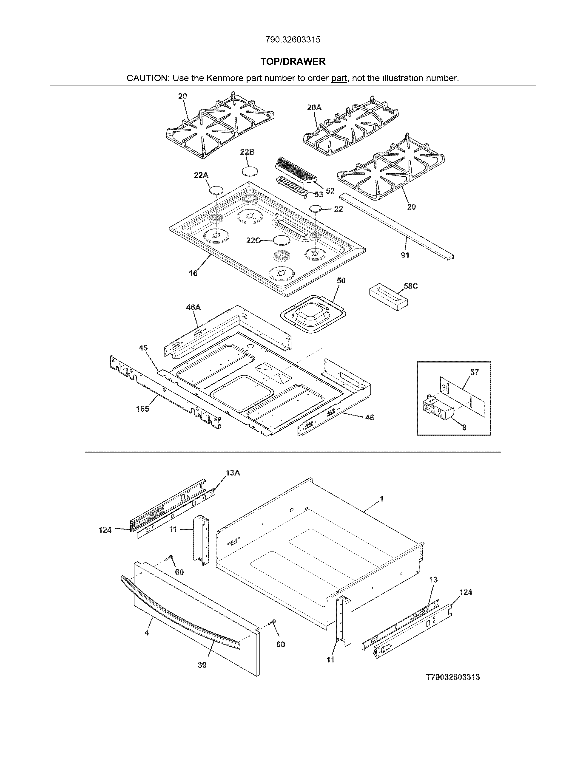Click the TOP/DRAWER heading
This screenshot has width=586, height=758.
(x=293, y=62)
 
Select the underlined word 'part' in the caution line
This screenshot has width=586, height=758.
(x=339, y=78)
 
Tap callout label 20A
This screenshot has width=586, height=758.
(x=314, y=107)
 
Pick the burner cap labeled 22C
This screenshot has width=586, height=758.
(x=281, y=240)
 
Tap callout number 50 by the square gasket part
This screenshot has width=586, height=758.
(x=341, y=280)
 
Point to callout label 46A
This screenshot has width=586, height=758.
(x=193, y=307)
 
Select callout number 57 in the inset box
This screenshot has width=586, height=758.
(x=474, y=372)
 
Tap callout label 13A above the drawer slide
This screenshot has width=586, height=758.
(x=233, y=473)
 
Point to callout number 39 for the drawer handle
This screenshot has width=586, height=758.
(x=202, y=665)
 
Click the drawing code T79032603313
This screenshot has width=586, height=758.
(x=453, y=677)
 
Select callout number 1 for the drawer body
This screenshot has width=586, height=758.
(x=381, y=499)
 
